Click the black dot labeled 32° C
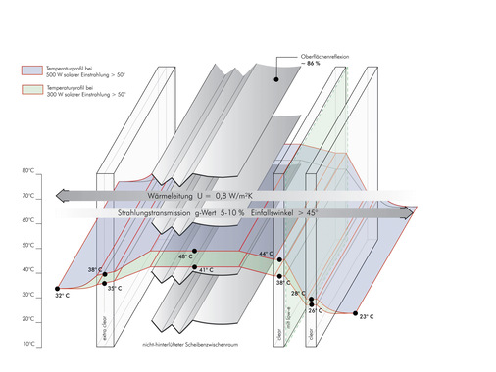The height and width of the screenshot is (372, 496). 58,289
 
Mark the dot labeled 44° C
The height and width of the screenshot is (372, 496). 280,259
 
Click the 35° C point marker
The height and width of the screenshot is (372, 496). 105,283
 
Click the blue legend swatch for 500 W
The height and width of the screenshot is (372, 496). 28,71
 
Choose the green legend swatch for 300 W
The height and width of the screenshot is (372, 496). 28,89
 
